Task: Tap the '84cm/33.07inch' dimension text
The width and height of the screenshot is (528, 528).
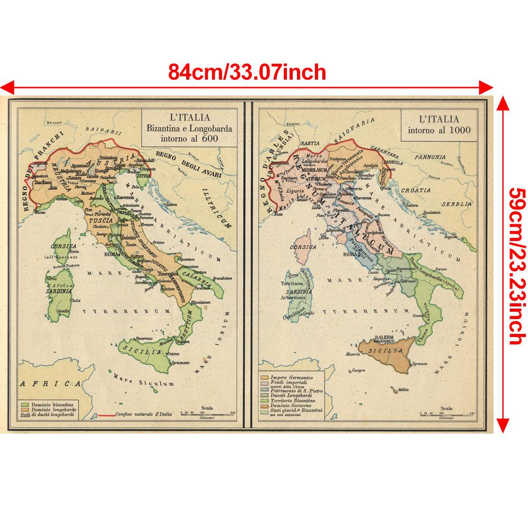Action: tap(247, 71)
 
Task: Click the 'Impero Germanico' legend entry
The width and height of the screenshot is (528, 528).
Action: tap(290, 378)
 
